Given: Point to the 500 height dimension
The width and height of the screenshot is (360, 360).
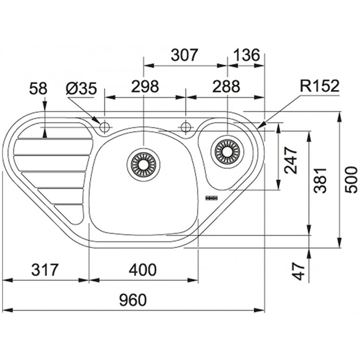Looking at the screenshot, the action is pos(351,180).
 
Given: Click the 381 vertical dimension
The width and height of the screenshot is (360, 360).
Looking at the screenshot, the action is pos(320,180).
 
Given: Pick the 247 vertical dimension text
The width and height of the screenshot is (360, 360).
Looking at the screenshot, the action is pos(290,160).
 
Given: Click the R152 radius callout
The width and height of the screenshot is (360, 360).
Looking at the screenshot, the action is pos(319,86).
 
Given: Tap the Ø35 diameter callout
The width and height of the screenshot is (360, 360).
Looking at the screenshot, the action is pos(81,89).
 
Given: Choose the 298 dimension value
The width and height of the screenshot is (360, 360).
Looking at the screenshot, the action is pos(145,86).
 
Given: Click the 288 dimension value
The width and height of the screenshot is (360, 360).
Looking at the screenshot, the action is pos(226,86).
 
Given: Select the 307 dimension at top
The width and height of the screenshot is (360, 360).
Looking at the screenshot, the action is pos(184,55).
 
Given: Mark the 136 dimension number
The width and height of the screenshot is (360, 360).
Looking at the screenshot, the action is pos(246,55).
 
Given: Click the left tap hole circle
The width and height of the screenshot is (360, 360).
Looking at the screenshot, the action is pos(105,127).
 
